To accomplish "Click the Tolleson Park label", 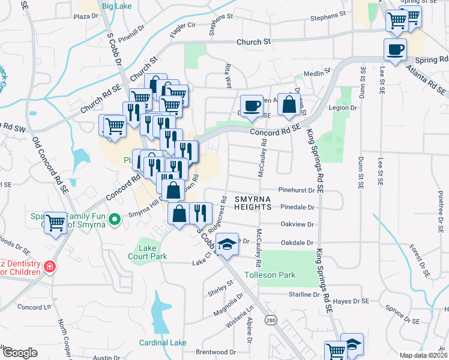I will [x=270, y=275].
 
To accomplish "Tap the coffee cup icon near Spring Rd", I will [x=395, y=50].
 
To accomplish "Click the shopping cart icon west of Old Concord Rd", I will [x=56, y=223].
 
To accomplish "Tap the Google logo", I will [x=19, y=353].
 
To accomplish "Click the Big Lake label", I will [x=116, y=6].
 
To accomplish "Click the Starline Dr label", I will [x=304, y=295].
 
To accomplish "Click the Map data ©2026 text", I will [x=424, y=355].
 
